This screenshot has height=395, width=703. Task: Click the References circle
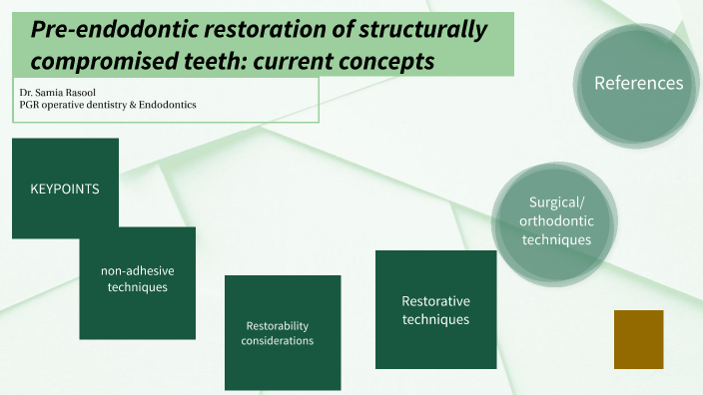(x=638, y=83)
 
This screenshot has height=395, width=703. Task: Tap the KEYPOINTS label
(x=65, y=188)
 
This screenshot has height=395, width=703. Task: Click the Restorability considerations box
(x=277, y=333)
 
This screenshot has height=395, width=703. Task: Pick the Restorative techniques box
(x=435, y=310)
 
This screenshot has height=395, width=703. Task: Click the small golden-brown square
(x=638, y=339)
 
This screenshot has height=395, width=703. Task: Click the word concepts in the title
(x=383, y=61)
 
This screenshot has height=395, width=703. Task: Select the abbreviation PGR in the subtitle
(x=31, y=105)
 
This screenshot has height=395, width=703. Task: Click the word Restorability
(x=277, y=326)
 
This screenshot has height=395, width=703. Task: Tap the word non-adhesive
(x=138, y=270)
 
